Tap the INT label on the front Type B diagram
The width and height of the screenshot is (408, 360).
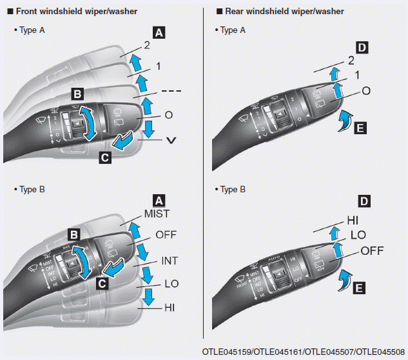(x=169, y=261)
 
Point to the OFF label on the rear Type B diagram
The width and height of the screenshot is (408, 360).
(x=374, y=250)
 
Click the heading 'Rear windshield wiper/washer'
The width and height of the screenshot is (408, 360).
(x=279, y=11)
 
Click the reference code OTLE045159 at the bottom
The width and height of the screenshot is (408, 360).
(x=228, y=353)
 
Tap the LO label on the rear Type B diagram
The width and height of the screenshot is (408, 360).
(x=358, y=235)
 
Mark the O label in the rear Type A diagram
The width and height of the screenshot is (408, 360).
(x=365, y=91)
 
